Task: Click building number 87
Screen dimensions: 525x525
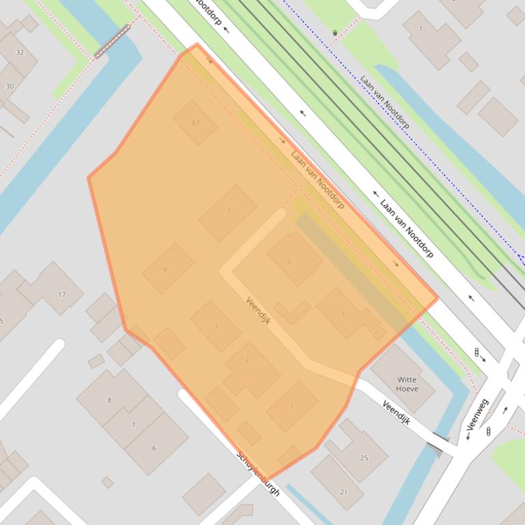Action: (x=195, y=123)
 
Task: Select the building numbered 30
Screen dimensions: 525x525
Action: (x=10, y=87)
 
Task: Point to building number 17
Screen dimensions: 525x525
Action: (x=60, y=293)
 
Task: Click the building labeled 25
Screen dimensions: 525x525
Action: (x=363, y=457)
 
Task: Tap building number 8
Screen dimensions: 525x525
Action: (x=109, y=399)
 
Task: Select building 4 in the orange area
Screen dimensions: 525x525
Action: (x=166, y=269)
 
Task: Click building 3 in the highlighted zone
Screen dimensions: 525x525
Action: (x=216, y=326)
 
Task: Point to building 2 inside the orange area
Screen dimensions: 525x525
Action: (x=247, y=360)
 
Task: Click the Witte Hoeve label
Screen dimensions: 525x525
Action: (x=407, y=384)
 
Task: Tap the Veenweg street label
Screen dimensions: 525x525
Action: (x=478, y=415)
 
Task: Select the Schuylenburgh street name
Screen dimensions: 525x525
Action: (x=258, y=473)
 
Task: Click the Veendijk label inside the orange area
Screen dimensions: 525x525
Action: (x=259, y=311)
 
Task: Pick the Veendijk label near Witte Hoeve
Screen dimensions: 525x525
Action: (x=396, y=412)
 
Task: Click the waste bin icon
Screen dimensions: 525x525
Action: (x=335, y=33)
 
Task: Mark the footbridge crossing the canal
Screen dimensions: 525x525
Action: (x=112, y=41)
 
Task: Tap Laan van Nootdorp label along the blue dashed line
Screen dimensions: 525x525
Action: (x=384, y=102)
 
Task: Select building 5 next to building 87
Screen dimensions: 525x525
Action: (x=228, y=212)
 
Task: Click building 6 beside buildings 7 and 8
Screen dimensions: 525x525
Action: (x=154, y=447)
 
